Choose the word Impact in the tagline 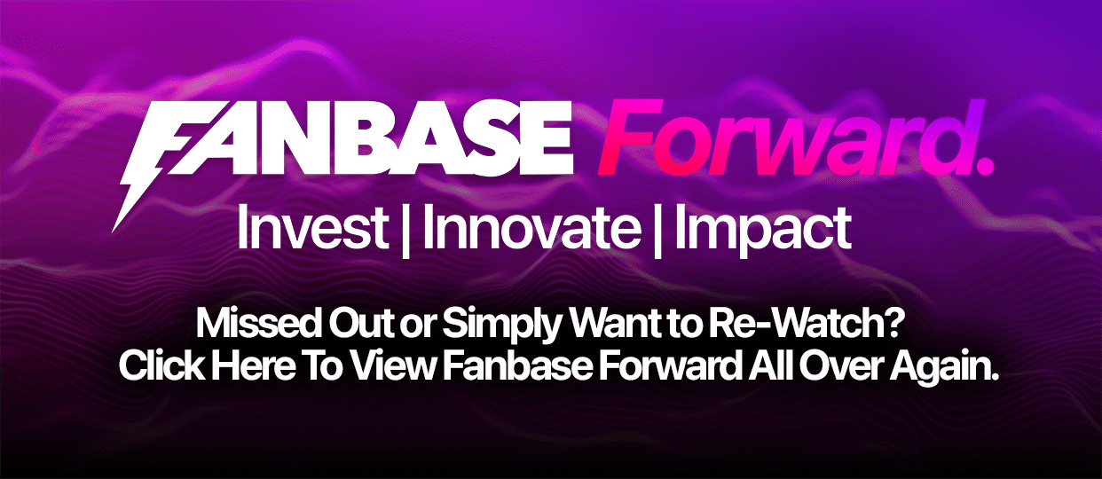click(x=764, y=231)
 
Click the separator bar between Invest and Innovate click(x=405, y=230)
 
